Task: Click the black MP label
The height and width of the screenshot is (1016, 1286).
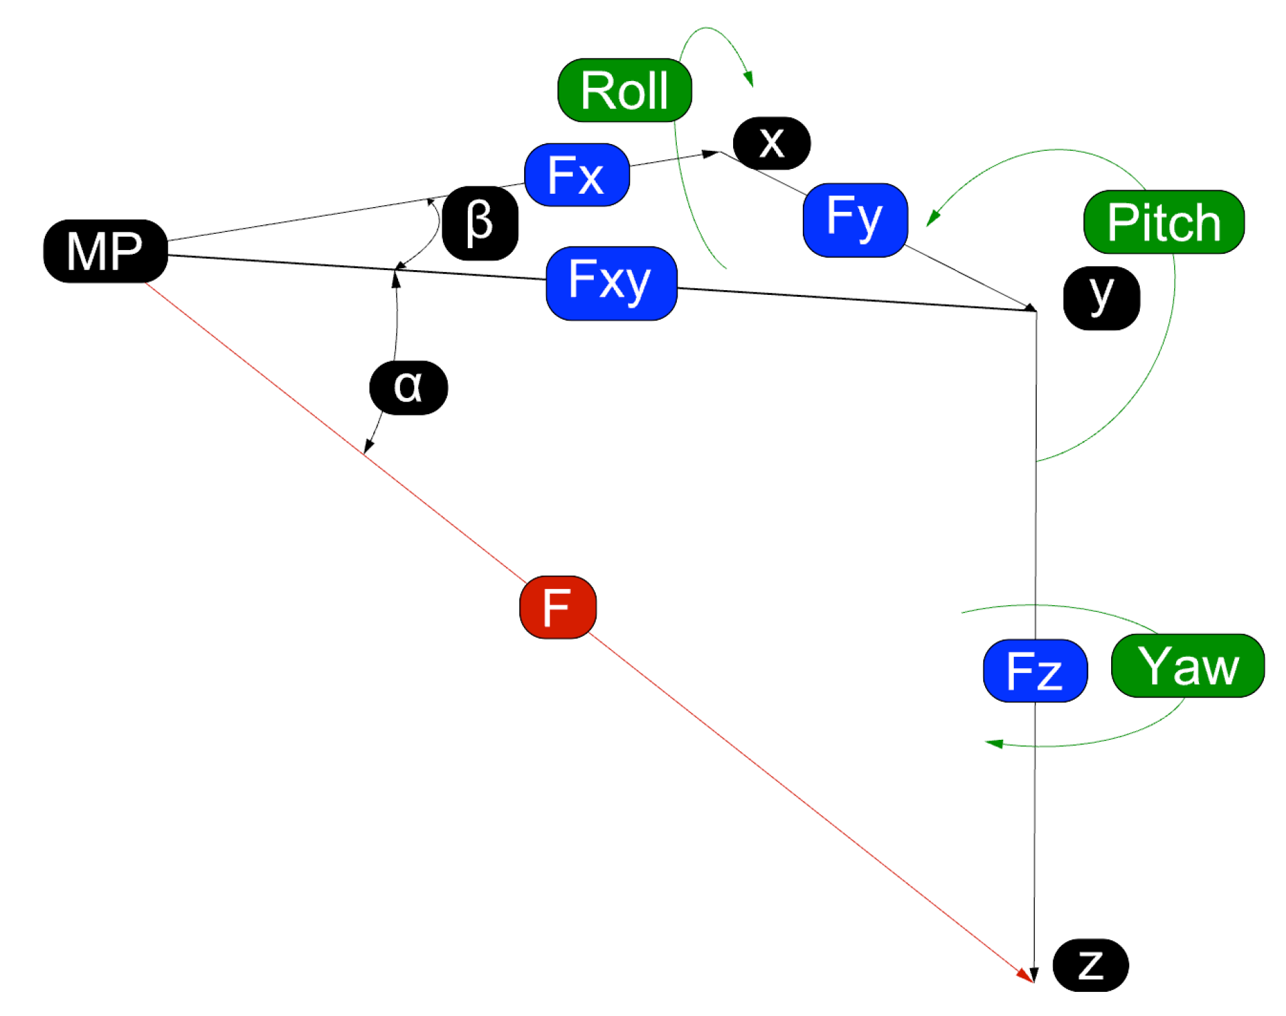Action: tap(105, 251)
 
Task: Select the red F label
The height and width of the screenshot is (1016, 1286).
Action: tap(558, 607)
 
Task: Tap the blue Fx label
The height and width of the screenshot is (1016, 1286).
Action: tap(576, 175)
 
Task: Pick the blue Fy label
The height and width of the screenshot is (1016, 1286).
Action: tap(855, 219)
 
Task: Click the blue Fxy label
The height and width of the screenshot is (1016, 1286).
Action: tap(611, 283)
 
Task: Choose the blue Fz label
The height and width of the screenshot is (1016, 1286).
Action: tap(1034, 670)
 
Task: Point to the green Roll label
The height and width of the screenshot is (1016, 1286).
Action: tap(625, 90)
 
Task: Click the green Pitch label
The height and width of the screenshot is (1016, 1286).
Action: tap(1163, 222)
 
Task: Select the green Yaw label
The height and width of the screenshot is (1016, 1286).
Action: tap(1187, 665)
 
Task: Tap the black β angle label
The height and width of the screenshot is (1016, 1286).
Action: tap(480, 223)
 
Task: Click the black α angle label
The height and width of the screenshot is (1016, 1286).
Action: tap(408, 387)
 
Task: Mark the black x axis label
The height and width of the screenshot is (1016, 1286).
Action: tap(771, 143)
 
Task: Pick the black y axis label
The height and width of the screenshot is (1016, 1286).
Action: tap(1101, 298)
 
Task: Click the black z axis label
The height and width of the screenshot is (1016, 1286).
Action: tap(1090, 964)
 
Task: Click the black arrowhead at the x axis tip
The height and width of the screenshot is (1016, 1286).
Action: tap(710, 154)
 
